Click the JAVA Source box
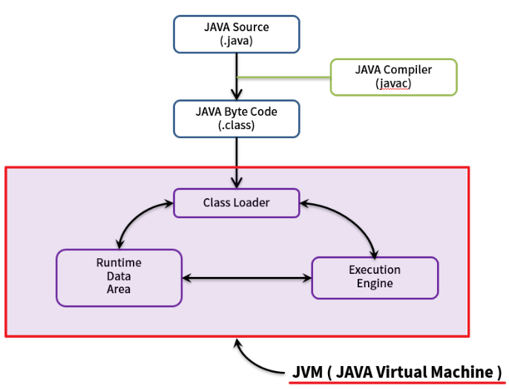[237, 34]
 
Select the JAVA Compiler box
[393, 77]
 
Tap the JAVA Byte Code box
[237, 119]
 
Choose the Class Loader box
[237, 202]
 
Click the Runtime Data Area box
[119, 278]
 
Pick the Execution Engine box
[375, 278]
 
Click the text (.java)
[237, 42]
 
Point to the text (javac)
[393, 84]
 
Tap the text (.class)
[237, 125]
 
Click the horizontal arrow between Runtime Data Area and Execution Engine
[246, 278]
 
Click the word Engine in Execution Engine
[375, 284]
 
